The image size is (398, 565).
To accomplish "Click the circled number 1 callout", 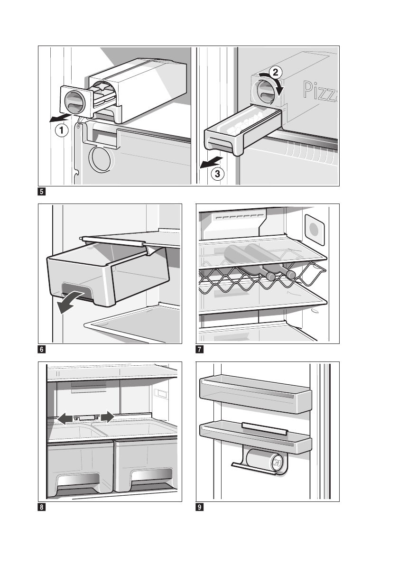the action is tap(62, 130).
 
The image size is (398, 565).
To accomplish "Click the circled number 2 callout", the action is tap(275, 73).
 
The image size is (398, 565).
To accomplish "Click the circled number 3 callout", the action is tap(217, 174).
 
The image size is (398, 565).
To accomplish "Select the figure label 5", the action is tap(42, 191).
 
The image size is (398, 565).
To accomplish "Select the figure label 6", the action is tap(42, 349).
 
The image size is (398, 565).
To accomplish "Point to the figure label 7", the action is tap(200, 349).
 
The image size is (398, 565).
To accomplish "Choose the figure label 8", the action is tap(42, 507).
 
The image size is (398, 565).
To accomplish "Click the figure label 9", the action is tap(200, 507).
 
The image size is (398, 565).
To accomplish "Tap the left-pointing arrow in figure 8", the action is tap(65, 418).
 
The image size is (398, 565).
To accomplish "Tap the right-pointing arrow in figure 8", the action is tap(108, 417).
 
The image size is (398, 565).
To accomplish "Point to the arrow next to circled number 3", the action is tap(212, 163).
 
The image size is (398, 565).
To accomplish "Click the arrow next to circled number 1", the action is tap(61, 118).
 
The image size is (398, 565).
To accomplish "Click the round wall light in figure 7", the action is tap(314, 230).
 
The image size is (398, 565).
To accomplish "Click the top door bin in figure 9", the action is tap(255, 394).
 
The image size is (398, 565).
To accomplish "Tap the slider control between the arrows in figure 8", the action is tap(86, 417).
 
